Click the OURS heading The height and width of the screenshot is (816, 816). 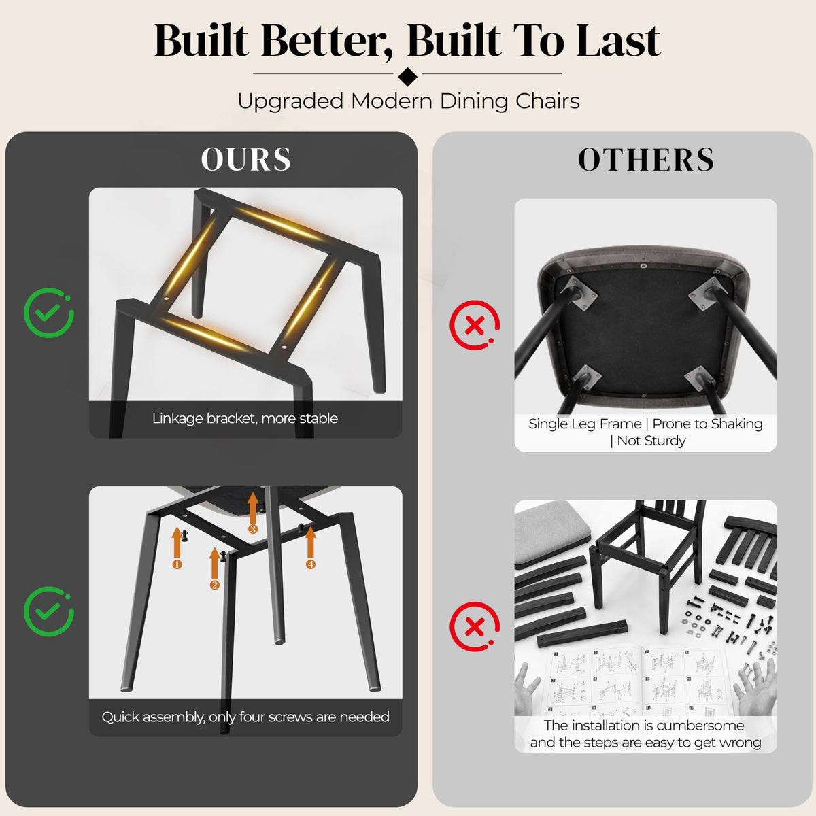pyautogui.click(x=245, y=159)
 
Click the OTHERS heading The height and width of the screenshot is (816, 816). pyautogui.click(x=646, y=160)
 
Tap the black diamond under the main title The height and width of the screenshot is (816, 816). pyautogui.click(x=408, y=76)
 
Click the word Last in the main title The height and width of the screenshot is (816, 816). pyautogui.click(x=618, y=41)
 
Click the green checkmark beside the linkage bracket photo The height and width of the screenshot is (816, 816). pyautogui.click(x=49, y=313)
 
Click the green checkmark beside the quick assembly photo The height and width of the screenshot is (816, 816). pyautogui.click(x=49, y=611)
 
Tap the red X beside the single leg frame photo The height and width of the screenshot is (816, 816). pyautogui.click(x=475, y=325)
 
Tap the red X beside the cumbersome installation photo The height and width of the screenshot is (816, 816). pyautogui.click(x=475, y=626)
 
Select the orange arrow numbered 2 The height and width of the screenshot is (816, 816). pyautogui.click(x=215, y=568)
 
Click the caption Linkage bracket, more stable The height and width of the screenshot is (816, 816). pyautogui.click(x=245, y=418)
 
